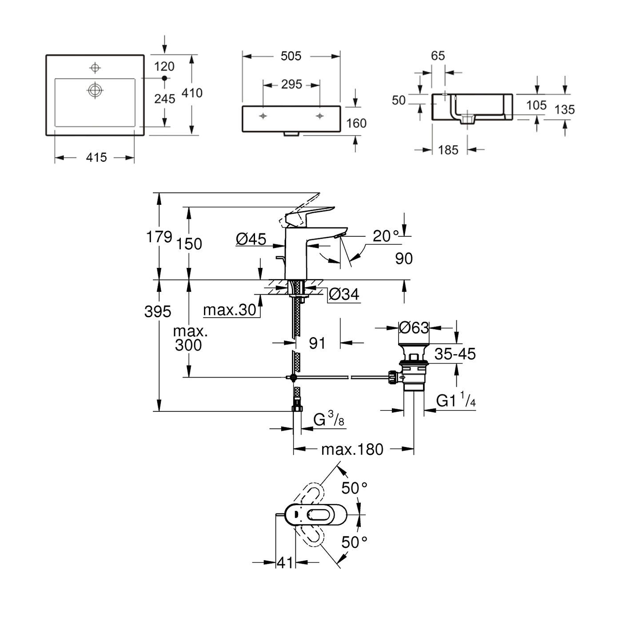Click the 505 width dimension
point(291,56)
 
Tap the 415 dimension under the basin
point(97,157)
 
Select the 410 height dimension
point(191,93)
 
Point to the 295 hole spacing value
point(291,84)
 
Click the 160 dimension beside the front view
point(356,123)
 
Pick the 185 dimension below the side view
point(448,150)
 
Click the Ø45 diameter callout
point(251,239)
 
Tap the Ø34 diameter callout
point(344,294)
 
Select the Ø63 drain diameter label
point(414,328)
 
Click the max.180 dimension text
point(352,449)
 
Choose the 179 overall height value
point(159,237)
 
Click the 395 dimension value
point(158,312)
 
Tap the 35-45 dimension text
point(455,354)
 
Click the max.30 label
point(230,310)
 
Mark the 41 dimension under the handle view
point(285,562)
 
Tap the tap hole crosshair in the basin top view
point(94,68)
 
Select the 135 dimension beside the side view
point(565,109)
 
